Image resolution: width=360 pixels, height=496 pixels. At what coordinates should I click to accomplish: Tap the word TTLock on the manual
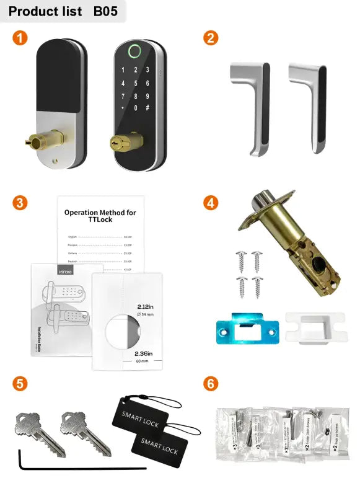pyautogui.click(x=100, y=221)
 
